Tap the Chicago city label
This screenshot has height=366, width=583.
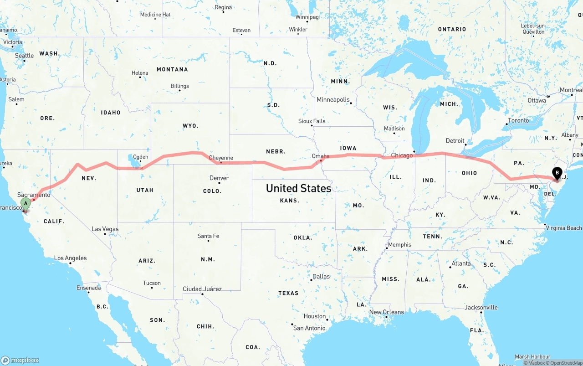[x=402, y=155]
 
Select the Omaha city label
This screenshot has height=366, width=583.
[x=321, y=156]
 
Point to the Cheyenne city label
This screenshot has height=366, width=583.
[x=221, y=158]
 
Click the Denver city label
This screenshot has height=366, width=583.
[x=219, y=178]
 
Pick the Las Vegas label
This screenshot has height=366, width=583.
[x=105, y=229]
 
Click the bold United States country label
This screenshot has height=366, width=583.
[x=298, y=188]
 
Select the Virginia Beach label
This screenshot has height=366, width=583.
[x=564, y=228]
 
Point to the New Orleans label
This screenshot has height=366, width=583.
[x=386, y=312]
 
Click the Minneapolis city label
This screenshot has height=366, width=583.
[x=333, y=99]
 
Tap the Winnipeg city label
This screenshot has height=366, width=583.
[x=307, y=17]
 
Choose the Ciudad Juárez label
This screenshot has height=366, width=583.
[x=202, y=289]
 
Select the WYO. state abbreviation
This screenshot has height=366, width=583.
[x=190, y=126]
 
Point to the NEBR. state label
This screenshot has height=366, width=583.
[x=276, y=151]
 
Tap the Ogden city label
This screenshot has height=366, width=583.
[x=140, y=157]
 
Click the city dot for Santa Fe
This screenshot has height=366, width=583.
[x=209, y=241]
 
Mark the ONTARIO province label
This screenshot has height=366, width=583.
[x=452, y=29]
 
